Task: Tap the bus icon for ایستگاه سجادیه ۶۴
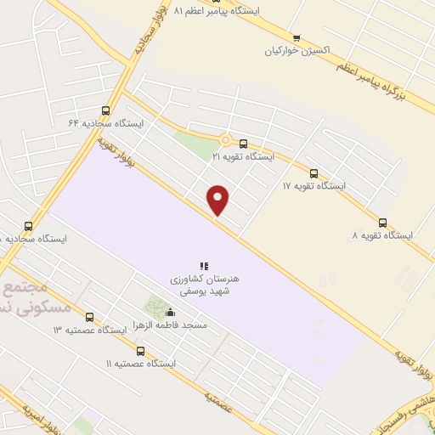106,110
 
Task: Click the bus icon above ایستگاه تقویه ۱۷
314,173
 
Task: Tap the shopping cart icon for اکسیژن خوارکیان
297,37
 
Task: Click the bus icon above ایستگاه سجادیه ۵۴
29,227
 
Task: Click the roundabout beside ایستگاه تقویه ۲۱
226,141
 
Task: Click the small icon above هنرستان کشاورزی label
204,266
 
